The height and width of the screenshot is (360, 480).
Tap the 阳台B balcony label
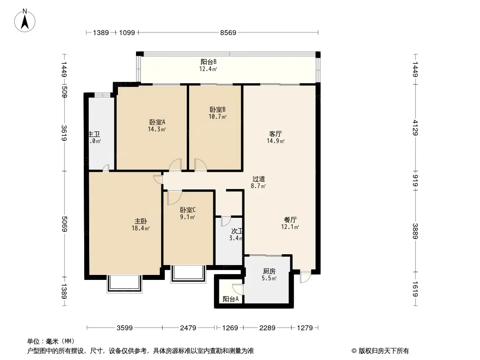(208, 63)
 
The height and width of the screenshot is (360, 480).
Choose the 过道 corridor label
(258, 179)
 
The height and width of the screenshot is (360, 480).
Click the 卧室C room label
(187, 210)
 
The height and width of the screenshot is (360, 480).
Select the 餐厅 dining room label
(290, 220)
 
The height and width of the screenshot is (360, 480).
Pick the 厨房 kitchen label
(269, 271)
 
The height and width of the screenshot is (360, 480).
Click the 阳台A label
(231, 299)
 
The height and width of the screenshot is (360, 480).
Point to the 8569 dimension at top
(228, 33)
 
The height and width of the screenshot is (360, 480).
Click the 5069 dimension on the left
(64, 224)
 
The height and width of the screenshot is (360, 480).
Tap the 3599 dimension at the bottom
(125, 328)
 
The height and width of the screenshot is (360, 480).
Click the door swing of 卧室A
(176, 165)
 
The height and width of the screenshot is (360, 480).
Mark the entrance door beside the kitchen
(305, 276)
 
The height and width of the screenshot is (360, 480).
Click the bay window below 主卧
(125, 283)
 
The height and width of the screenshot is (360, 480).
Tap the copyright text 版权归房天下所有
(380, 351)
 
